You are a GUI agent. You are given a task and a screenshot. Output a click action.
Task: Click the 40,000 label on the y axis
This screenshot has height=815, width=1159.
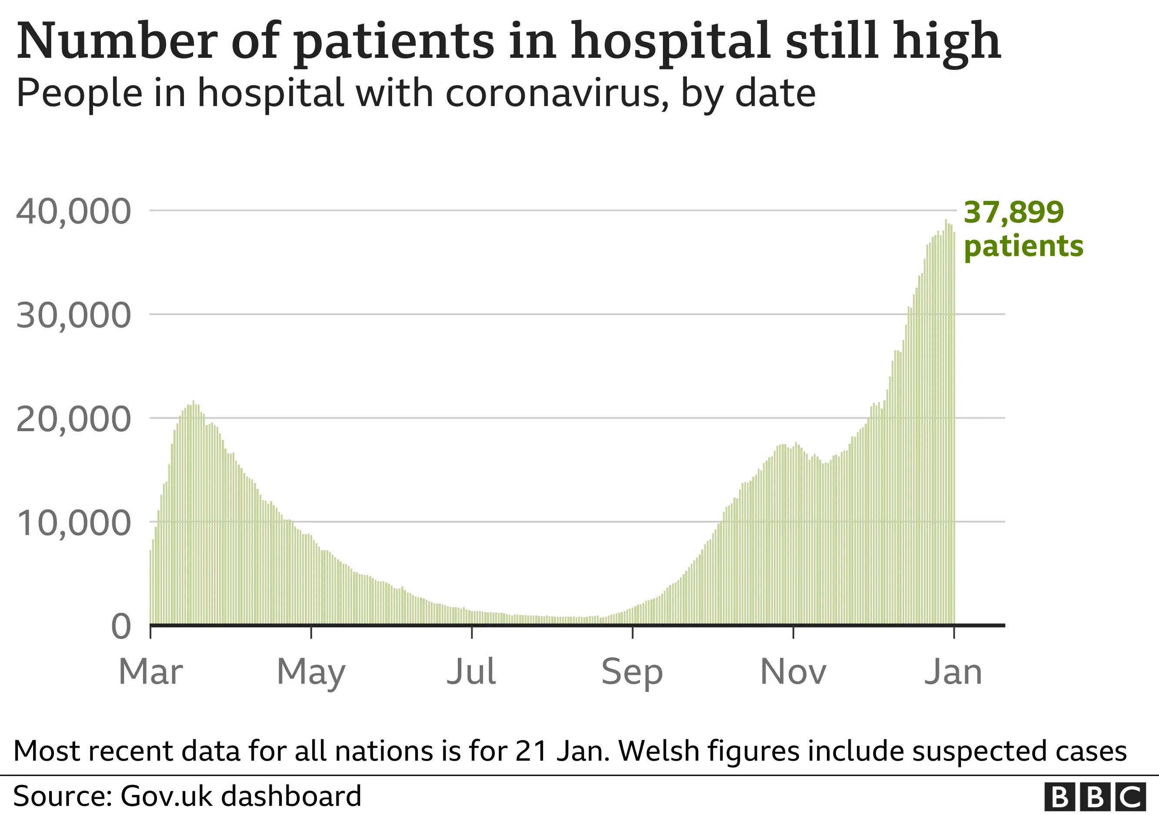pos(74,212)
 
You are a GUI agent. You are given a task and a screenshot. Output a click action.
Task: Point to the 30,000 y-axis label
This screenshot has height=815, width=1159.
pos(74,316)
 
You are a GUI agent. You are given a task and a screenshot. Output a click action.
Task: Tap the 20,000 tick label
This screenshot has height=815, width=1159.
pos(74,420)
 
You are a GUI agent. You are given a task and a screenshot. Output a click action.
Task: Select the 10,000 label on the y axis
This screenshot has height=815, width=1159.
pos(74,523)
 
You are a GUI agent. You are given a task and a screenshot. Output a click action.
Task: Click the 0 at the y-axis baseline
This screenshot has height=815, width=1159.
pos(121,627)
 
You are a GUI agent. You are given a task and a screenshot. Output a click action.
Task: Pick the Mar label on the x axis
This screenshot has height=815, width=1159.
pos(150,672)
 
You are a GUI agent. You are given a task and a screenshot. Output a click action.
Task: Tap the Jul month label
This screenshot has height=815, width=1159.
pos(472,672)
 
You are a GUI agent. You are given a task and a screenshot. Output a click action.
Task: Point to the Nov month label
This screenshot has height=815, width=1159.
pos(793,672)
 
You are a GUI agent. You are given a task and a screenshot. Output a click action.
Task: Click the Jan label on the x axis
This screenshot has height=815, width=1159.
pos(953,672)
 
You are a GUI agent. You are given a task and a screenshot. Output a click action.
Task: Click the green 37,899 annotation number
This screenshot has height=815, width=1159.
pos(1014,213)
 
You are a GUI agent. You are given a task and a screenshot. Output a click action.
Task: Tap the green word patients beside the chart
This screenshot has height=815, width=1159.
pos(1024,247)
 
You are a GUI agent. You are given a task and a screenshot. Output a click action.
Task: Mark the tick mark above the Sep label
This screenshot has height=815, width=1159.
pos(633,632)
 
